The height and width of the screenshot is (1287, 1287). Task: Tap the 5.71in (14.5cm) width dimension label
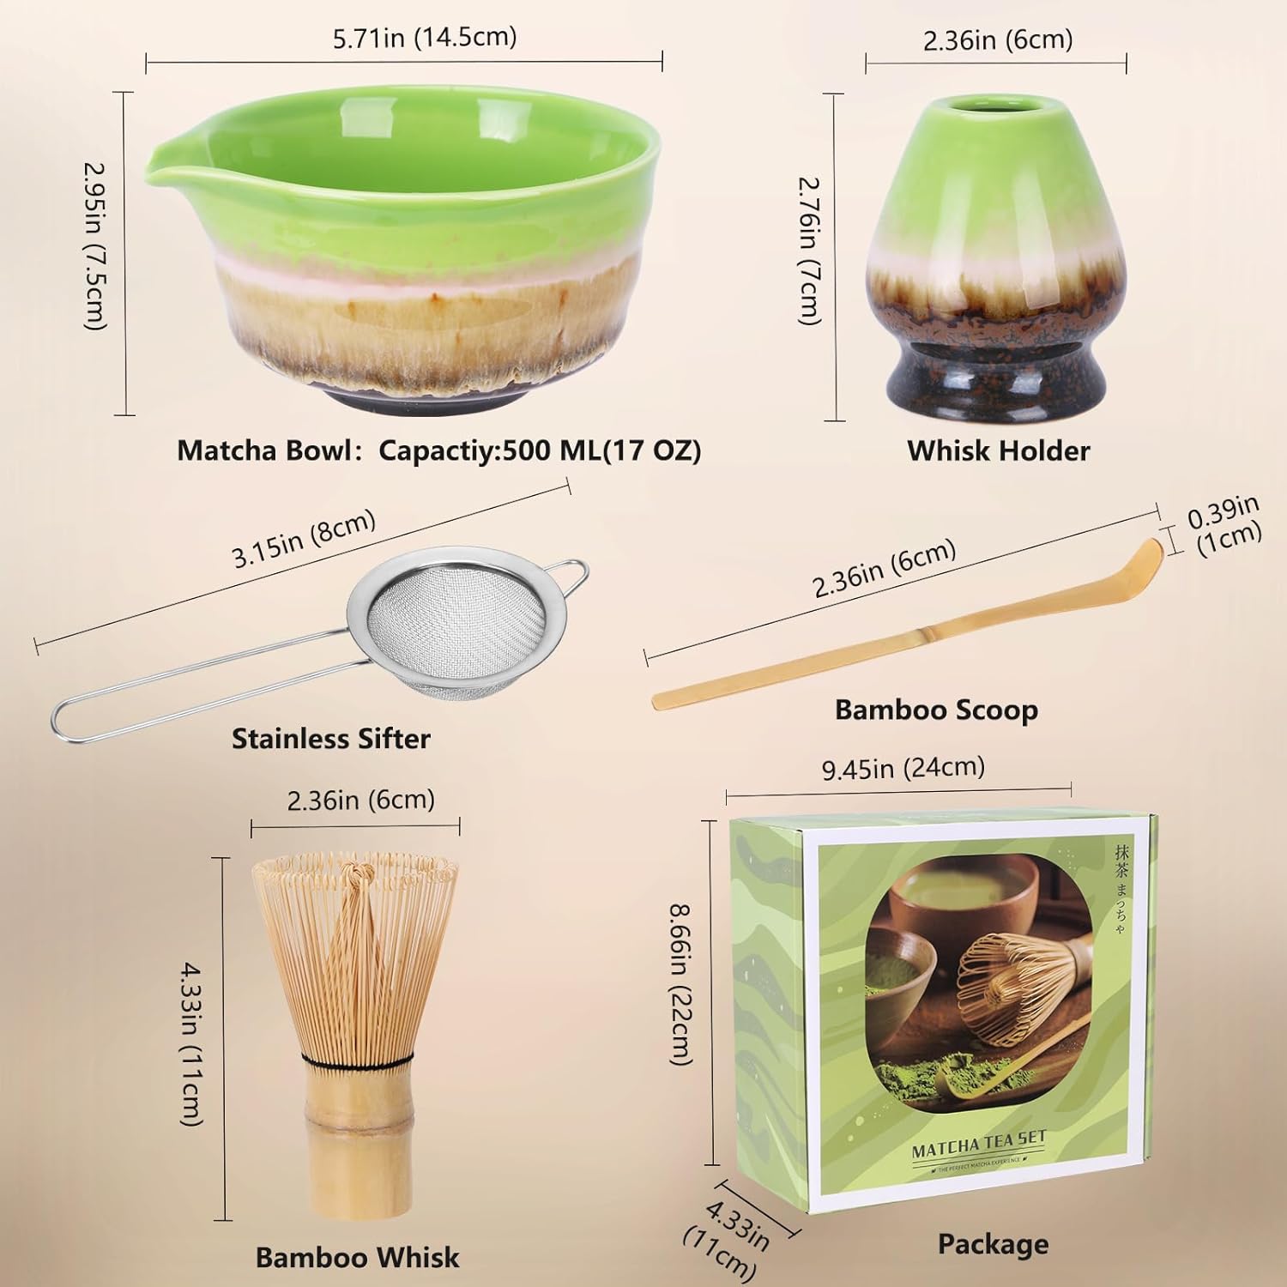425,38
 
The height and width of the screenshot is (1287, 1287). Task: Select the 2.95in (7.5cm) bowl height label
95,246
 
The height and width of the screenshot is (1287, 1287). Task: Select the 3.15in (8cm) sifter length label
305,540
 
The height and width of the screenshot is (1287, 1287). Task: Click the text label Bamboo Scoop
936,710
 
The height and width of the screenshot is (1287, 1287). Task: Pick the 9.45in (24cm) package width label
903,768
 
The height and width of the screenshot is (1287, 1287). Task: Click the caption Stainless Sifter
331,739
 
